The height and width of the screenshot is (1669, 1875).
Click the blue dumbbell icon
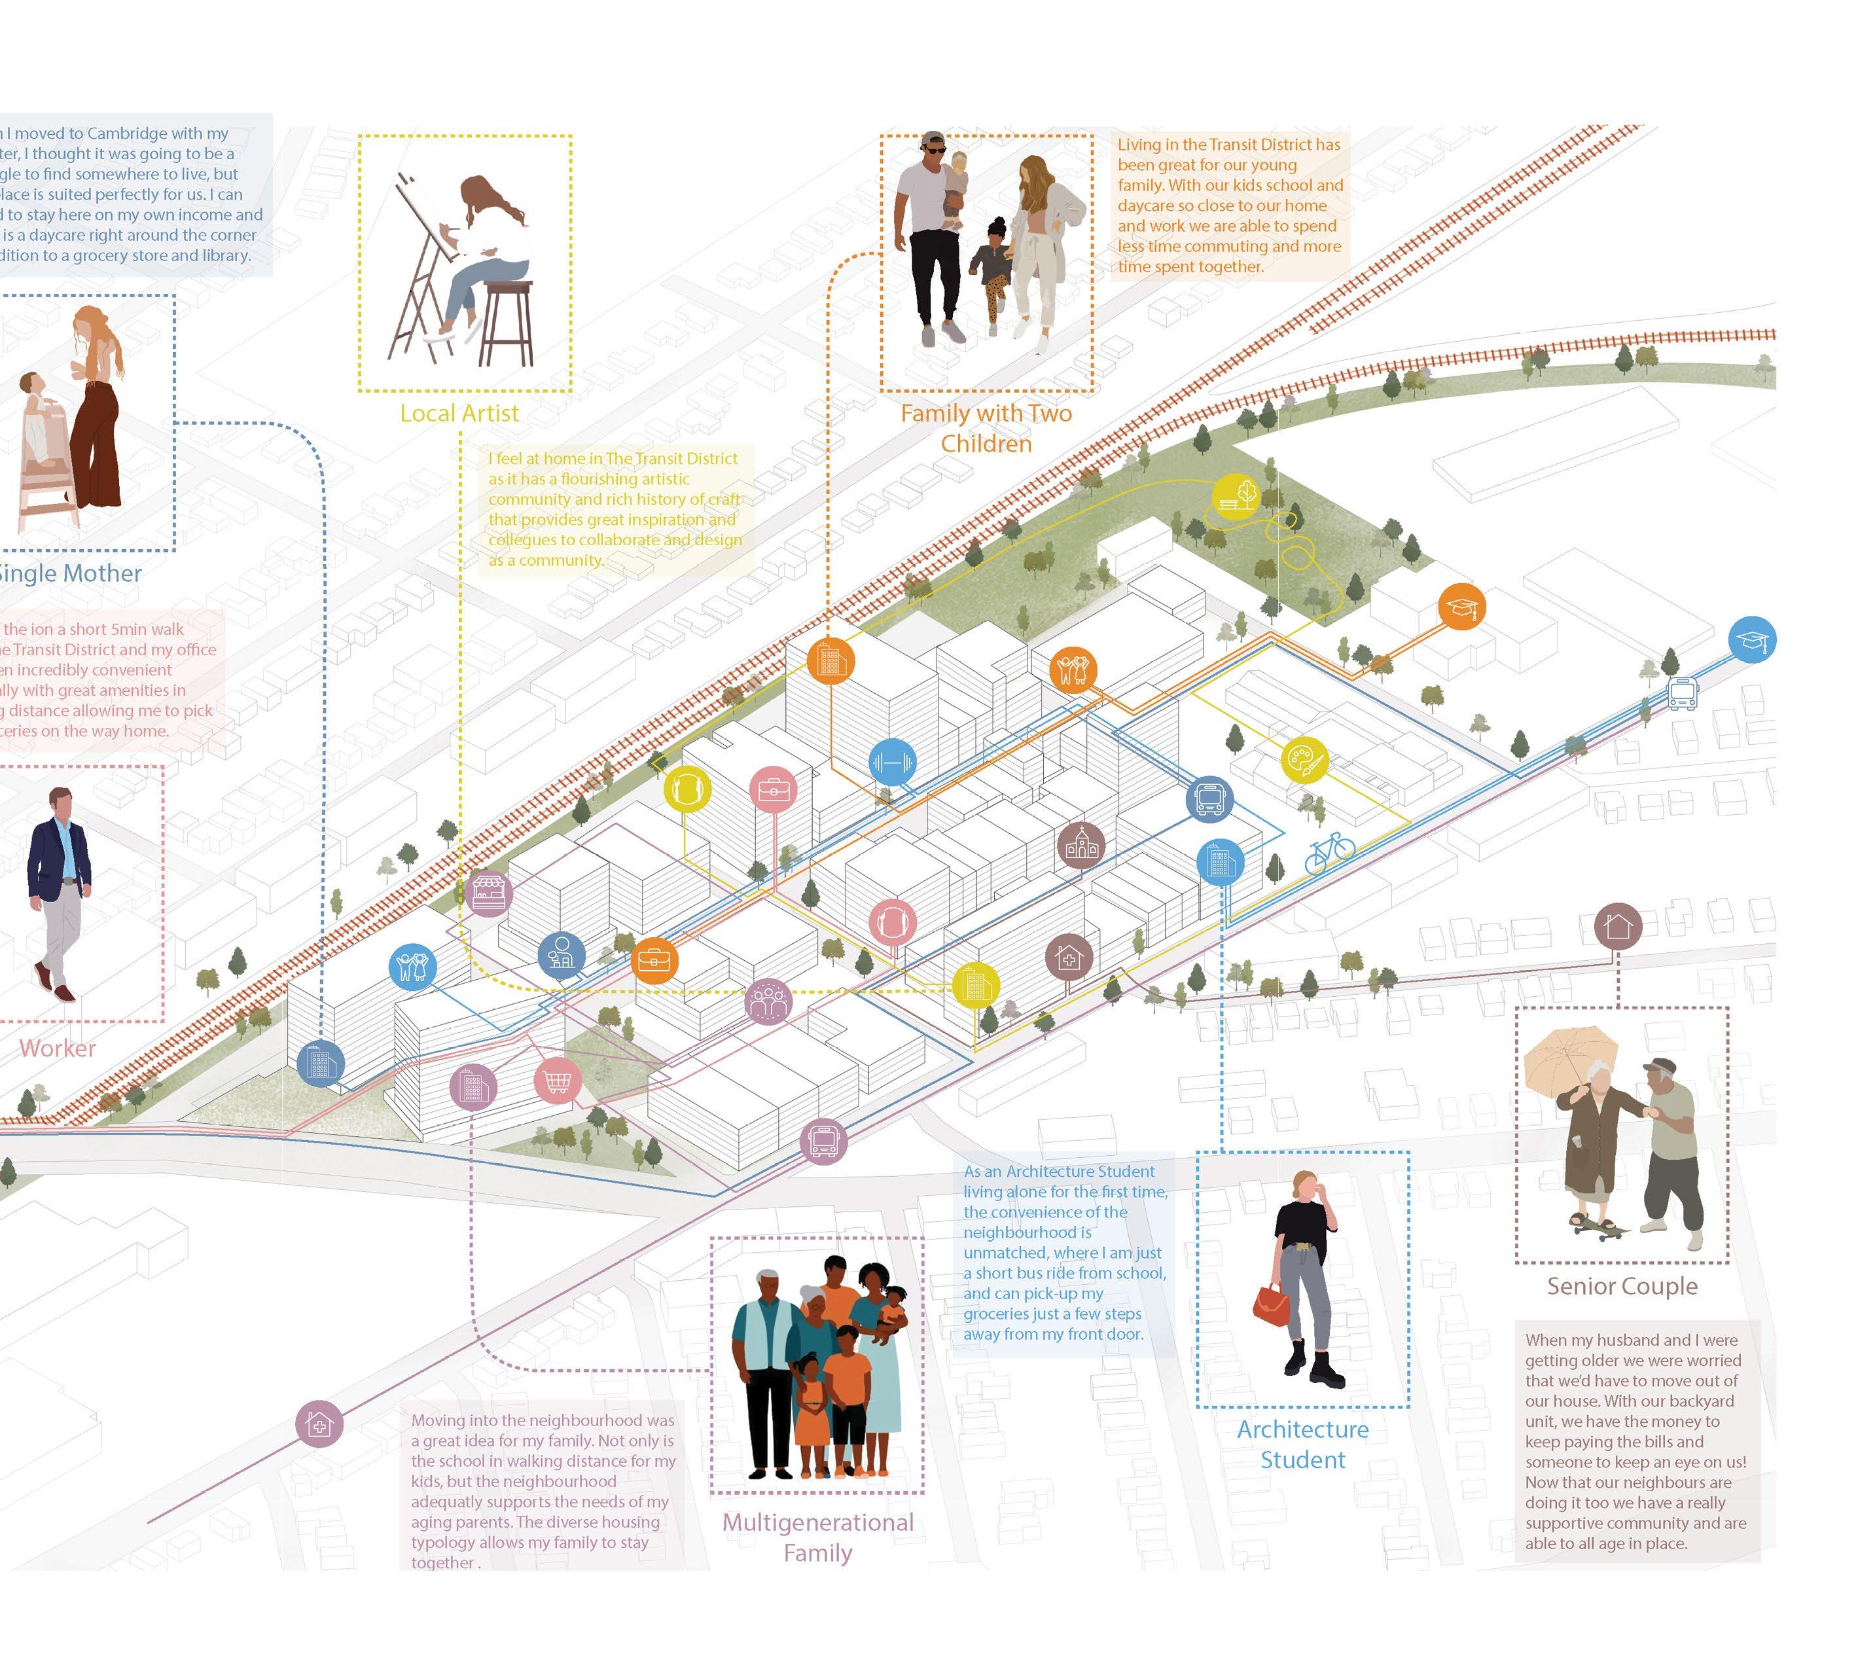click(x=891, y=762)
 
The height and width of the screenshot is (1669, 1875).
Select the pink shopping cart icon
click(x=557, y=1080)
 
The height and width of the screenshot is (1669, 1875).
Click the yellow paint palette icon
click(x=1304, y=760)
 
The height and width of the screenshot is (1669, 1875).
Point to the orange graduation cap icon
click(x=1461, y=607)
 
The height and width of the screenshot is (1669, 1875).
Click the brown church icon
click(x=1080, y=845)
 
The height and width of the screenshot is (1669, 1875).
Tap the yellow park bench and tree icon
click(x=1236, y=495)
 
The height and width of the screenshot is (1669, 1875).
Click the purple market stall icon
click(x=488, y=892)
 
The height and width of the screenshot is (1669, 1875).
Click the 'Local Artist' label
click(x=459, y=413)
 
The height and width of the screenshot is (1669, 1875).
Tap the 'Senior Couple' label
click(x=1622, y=1285)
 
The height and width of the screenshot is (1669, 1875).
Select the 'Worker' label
click(x=57, y=1048)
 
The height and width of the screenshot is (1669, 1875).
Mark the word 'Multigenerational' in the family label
click(x=817, y=1522)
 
